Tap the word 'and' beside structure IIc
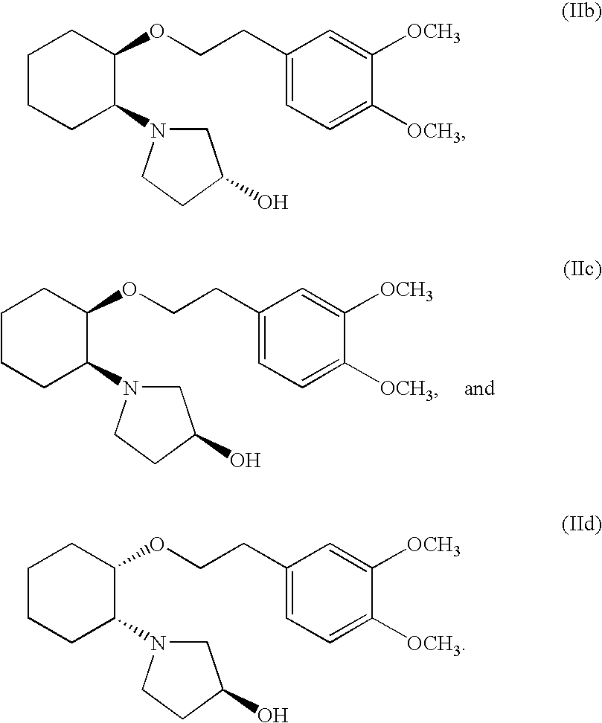(x=479, y=388)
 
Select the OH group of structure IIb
(x=272, y=202)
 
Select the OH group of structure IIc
(x=246, y=460)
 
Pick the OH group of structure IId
(x=272, y=716)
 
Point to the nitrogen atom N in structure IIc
(x=130, y=388)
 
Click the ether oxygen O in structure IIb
(x=157, y=33)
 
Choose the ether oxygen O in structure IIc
(x=130, y=288)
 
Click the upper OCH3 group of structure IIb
(x=432, y=34)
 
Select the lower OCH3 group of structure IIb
(x=434, y=132)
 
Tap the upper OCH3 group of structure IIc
(x=406, y=290)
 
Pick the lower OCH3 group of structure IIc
(x=408, y=388)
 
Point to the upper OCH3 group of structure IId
(x=432, y=547)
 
